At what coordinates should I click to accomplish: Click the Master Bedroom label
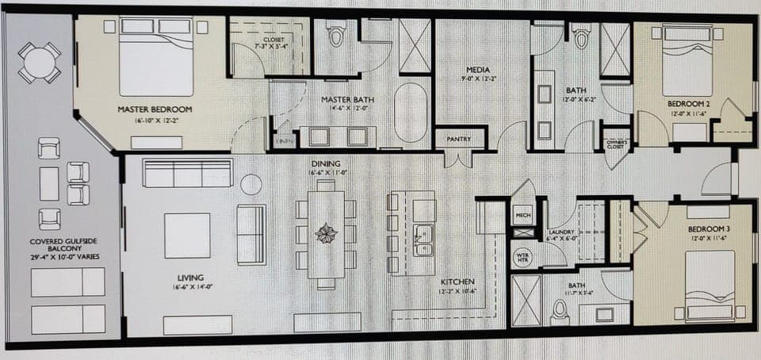coord(155,109)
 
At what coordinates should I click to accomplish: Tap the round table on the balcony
coord(39,63)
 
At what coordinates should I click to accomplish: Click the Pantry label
coord(459,139)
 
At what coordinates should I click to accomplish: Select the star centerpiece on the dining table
coord(326,234)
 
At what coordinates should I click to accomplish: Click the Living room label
coord(190,278)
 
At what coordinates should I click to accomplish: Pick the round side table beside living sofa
coord(251,185)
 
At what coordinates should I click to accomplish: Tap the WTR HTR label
coord(522,257)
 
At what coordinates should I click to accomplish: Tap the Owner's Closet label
coord(616,145)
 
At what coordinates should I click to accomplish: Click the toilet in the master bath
coord(337,36)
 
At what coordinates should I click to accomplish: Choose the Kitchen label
coord(457,282)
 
